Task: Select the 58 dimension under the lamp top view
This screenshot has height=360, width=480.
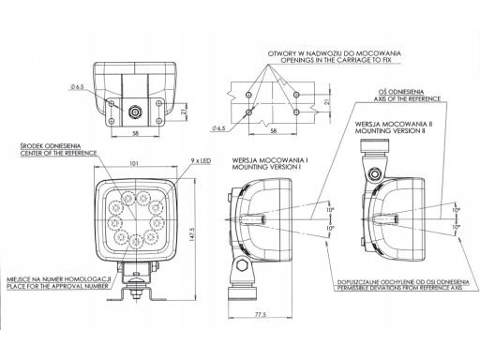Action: (137, 135)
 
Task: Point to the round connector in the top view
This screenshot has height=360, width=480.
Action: (137, 111)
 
